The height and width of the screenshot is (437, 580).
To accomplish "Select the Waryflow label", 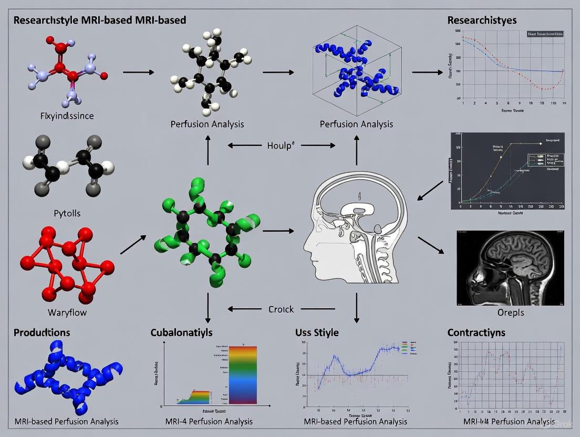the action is pyautogui.click(x=67, y=313).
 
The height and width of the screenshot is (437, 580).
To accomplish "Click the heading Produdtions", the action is pyautogui.click(x=42, y=332).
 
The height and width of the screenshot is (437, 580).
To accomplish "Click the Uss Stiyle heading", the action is pyautogui.click(x=317, y=332).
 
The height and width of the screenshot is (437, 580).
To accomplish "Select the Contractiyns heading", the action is pyautogui.click(x=477, y=332).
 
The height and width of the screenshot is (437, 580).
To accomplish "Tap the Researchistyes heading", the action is pyautogui.click(x=482, y=20).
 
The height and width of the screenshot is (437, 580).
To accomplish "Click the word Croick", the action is pyautogui.click(x=281, y=309).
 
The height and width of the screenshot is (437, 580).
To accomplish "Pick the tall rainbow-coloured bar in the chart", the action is pyautogui.click(x=243, y=374).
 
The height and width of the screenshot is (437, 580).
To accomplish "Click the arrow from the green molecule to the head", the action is pyautogui.click(x=278, y=231).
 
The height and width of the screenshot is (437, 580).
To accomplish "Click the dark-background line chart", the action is pyautogui.click(x=507, y=171).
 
